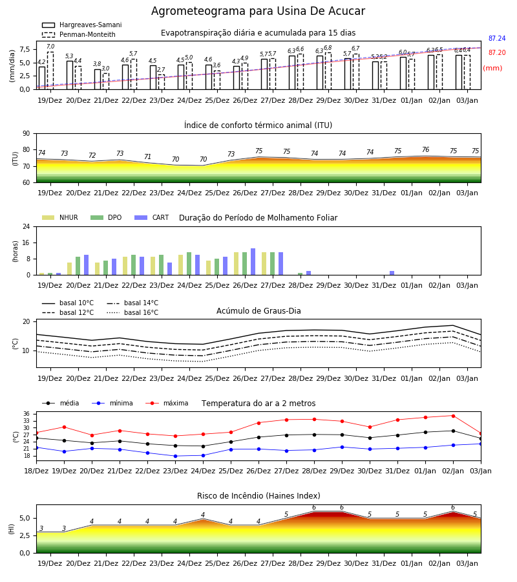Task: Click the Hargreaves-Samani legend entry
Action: click(x=82, y=25)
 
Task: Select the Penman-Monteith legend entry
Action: click(x=79, y=34)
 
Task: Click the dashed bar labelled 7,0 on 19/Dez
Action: click(x=50, y=70)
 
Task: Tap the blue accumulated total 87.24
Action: click(x=497, y=39)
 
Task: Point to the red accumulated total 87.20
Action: click(x=497, y=53)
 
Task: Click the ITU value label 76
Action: click(x=425, y=149)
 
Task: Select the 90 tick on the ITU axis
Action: click(x=26, y=134)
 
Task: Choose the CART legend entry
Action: click(x=152, y=217)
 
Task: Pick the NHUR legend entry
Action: click(x=60, y=217)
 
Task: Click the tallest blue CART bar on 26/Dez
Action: click(x=253, y=262)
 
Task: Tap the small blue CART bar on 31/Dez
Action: click(x=392, y=273)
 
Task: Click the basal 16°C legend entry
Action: click(x=132, y=312)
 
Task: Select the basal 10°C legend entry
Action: click(x=68, y=303)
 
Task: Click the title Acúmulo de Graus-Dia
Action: click(x=258, y=311)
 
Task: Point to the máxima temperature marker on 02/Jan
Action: click(x=453, y=416)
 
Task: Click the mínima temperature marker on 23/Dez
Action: click(x=175, y=456)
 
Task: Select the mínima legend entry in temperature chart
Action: click(x=112, y=403)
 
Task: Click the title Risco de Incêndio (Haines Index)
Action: click(x=258, y=496)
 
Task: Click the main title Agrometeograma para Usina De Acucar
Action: click(x=258, y=11)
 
